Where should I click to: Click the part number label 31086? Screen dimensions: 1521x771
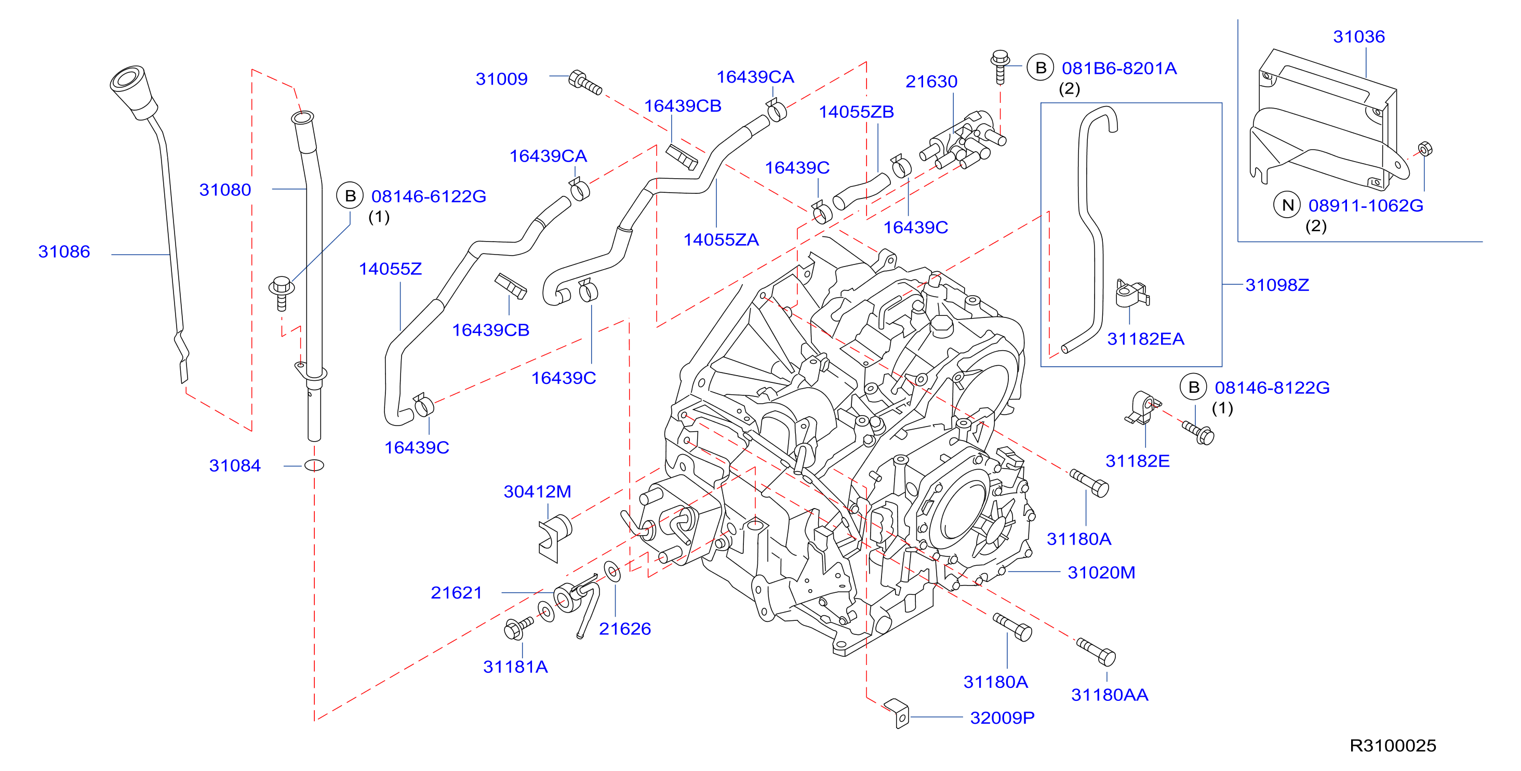64,251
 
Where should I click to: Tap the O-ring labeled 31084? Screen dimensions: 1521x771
314,465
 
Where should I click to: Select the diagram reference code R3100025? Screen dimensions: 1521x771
1393,746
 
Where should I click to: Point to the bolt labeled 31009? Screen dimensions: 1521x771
584,83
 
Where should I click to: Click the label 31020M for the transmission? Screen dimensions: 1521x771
1101,573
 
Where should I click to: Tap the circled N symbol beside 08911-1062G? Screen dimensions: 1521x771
1287,205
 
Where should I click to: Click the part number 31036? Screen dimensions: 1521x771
1358,36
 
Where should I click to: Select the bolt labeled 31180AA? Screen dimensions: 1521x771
1096,652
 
